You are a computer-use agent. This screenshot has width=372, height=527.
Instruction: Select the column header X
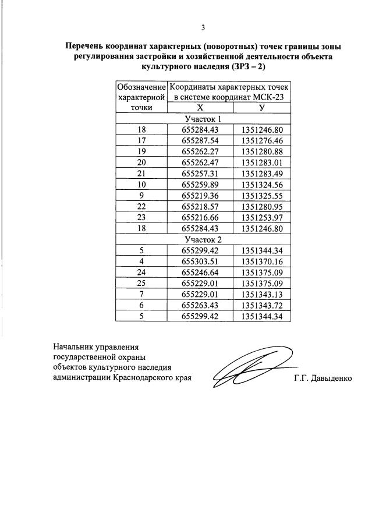point(200,108)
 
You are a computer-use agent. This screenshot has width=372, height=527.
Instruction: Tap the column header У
point(262,108)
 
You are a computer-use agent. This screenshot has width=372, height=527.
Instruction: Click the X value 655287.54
point(200,140)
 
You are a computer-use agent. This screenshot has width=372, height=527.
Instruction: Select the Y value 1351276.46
point(262,140)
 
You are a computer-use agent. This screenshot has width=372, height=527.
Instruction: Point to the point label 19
point(141,151)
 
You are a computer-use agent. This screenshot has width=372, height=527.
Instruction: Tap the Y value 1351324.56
point(262,185)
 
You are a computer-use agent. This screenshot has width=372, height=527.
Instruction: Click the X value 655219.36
point(200,196)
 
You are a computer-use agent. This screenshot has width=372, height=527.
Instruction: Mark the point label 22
point(141,207)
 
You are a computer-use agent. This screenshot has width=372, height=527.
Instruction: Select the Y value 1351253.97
point(262,218)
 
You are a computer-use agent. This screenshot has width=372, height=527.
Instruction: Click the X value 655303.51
point(200,261)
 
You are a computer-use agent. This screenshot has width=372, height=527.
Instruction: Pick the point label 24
point(141,273)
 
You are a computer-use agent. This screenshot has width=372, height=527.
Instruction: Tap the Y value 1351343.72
point(262,306)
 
